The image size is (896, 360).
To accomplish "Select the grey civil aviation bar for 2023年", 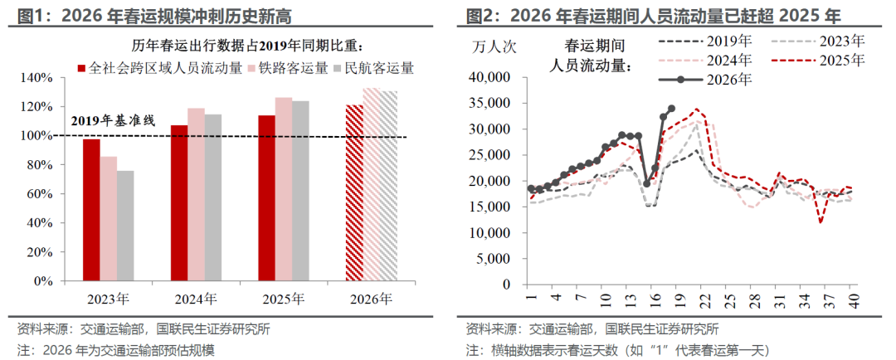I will (125, 226).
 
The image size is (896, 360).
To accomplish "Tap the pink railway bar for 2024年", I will (196, 194).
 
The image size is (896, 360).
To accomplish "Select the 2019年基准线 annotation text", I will (113, 120).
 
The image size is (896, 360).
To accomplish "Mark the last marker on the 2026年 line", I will (671, 108).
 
